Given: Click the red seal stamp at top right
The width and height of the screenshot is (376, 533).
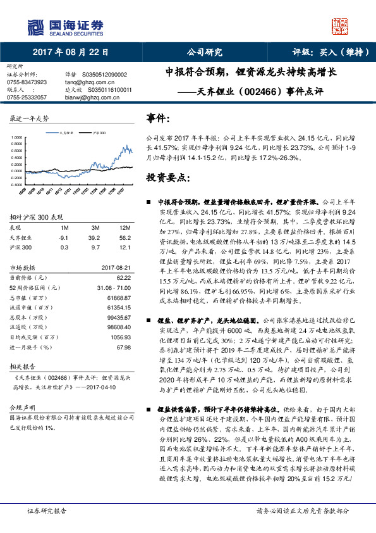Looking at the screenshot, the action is [x=342, y=27].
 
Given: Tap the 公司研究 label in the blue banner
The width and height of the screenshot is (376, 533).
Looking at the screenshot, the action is [x=205, y=52].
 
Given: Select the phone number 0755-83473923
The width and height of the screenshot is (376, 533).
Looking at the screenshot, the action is [x=27, y=82].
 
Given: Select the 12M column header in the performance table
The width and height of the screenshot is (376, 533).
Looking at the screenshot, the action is [x=124, y=227].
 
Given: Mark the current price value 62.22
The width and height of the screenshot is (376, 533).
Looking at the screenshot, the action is [x=123, y=277].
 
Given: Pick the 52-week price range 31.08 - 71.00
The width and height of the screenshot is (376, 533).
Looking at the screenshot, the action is [x=114, y=287].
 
